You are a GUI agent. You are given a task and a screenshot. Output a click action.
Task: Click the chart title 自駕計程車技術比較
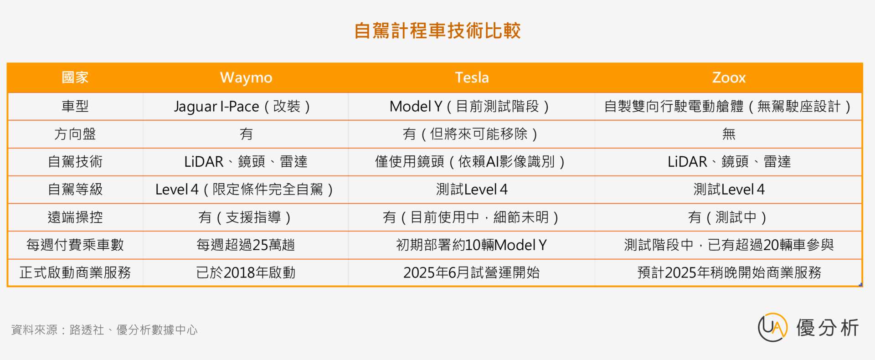coord(437,31)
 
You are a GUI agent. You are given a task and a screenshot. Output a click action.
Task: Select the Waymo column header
coord(246,77)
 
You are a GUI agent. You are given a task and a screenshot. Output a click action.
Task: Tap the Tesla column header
coord(472,77)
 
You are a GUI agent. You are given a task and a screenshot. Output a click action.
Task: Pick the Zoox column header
coord(729,77)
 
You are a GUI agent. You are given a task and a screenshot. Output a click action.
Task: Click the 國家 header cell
coord(75,77)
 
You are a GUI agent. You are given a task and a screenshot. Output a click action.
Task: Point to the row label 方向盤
coord(75,134)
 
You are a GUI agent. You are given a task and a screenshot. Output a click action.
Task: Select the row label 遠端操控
coord(75,217)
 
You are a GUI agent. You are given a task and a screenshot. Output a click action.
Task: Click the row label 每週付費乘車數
coord(75,245)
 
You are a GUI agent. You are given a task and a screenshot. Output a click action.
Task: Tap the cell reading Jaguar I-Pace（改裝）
coord(242,107)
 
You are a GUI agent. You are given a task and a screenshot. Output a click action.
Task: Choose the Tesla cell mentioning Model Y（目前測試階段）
coord(469,107)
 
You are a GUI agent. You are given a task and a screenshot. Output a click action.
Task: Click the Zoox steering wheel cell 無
coord(729,134)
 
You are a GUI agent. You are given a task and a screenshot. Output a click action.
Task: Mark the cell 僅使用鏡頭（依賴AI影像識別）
coord(470,162)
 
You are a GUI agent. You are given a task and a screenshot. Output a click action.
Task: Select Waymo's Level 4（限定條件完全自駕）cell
coord(244,189)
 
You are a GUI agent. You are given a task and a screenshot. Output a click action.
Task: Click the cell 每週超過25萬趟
coord(246,245)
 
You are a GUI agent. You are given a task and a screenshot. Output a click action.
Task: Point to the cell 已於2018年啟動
coord(246,273)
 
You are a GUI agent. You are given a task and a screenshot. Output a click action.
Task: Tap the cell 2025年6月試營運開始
coord(472,273)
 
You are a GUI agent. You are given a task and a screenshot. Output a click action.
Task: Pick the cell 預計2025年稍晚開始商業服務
coord(729,273)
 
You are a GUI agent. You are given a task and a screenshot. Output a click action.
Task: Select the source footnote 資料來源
coord(104,329)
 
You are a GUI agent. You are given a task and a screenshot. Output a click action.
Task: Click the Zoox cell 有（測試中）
coord(727,217)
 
